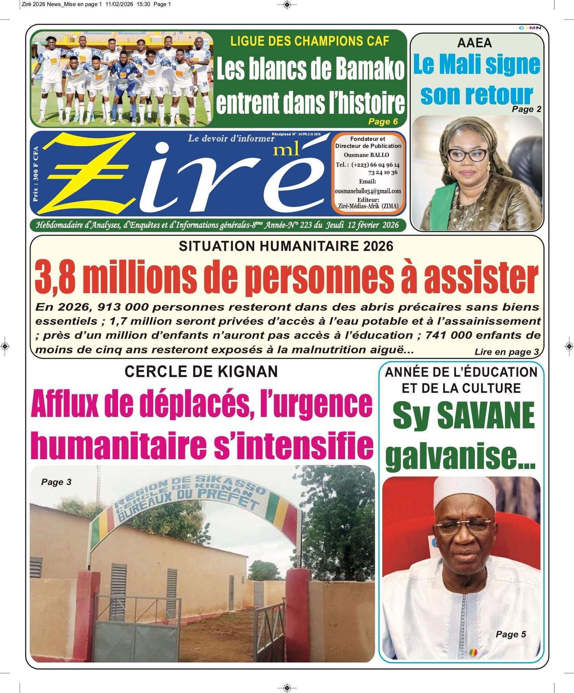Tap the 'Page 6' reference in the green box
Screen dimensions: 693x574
coord(383,121)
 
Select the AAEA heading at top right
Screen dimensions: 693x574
coord(475,43)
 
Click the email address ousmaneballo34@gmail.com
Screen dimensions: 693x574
coord(368,191)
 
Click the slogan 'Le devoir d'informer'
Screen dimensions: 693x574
coord(231,138)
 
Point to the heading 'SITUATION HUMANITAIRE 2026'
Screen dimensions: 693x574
coord(286,246)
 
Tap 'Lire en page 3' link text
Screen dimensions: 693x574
coord(506,352)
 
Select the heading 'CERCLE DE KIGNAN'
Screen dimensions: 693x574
coord(201,372)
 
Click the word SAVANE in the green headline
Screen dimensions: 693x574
coord(486,416)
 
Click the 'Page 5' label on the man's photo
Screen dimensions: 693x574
coord(511,634)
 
